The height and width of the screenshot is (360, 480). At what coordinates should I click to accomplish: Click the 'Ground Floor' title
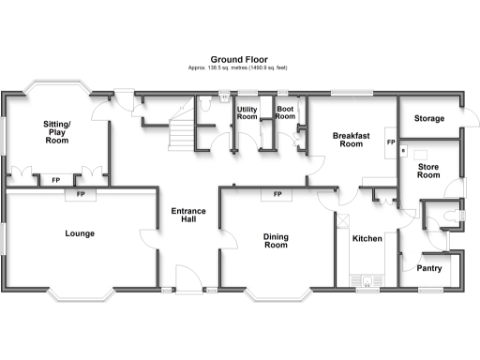(x=239, y=58)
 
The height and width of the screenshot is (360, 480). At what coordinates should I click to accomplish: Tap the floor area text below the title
(x=239, y=68)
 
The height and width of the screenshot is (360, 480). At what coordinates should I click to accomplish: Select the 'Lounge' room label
(x=79, y=233)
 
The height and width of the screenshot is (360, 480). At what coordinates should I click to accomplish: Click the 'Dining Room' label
(x=276, y=241)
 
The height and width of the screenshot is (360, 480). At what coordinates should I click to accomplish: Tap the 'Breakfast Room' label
(x=351, y=140)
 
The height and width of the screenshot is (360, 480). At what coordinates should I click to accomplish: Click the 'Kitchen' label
(x=367, y=240)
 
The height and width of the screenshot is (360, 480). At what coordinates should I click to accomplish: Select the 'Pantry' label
(x=431, y=267)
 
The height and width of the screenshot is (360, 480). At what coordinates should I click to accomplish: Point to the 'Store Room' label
(x=427, y=171)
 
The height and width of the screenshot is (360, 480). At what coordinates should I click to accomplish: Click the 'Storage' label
(x=429, y=119)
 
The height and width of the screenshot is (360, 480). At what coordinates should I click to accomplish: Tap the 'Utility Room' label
(x=247, y=113)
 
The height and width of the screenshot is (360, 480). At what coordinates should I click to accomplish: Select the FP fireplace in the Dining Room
(x=277, y=195)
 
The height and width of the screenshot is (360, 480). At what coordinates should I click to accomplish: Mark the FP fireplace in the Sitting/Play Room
(x=55, y=179)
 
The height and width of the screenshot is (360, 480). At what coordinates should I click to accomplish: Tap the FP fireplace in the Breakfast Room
(x=390, y=142)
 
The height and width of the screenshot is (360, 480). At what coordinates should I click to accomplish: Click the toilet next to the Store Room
(x=455, y=216)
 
